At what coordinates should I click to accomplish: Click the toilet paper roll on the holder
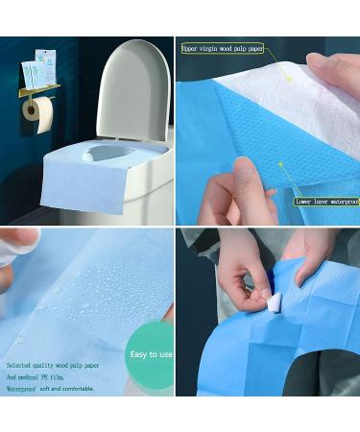tap(39, 112)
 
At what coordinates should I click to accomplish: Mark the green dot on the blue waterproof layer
tap(280, 164)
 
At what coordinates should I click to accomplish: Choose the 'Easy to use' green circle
tap(150, 354)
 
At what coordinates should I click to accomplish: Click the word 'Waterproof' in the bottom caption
tap(28, 390)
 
